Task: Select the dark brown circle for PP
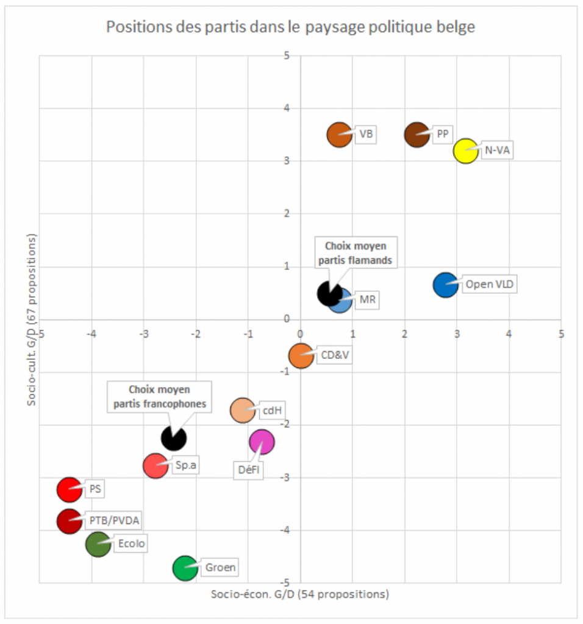[417, 135]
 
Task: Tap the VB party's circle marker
[340, 135]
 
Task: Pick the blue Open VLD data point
[446, 285]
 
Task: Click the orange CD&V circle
[301, 356]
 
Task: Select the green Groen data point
[185, 568]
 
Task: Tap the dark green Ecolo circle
[98, 544]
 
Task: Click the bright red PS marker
[70, 489]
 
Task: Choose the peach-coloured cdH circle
[242, 410]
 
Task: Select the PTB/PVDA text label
[114, 520]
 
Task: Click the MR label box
[368, 300]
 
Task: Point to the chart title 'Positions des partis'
[291, 27]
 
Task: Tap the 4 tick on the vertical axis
[287, 108]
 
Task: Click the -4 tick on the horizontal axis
[91, 334]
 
